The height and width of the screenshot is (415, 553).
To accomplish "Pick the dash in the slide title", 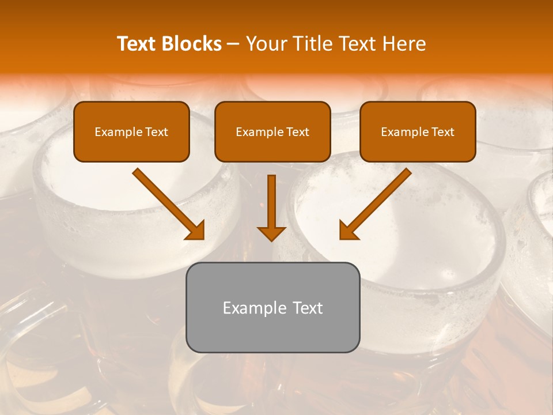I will click(x=234, y=44).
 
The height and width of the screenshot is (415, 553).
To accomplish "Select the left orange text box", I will click(x=131, y=132).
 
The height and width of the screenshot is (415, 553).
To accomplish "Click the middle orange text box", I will click(x=272, y=132).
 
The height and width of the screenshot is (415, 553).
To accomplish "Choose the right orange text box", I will click(x=418, y=132).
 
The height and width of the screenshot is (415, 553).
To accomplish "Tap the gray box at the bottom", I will click(x=272, y=307).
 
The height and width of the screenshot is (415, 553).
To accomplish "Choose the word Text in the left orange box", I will click(x=156, y=132).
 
